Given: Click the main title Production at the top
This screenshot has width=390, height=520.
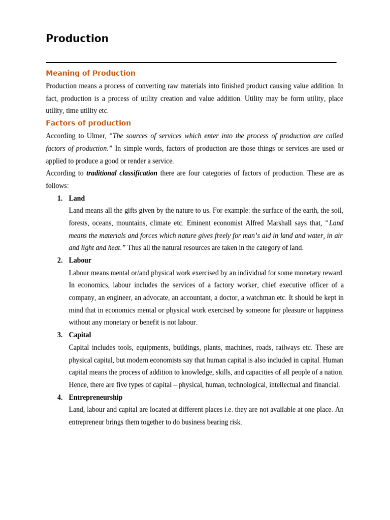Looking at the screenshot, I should [x=77, y=39].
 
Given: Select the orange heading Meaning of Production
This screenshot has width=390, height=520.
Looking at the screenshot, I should [x=90, y=73].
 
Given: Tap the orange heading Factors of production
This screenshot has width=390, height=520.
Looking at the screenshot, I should [x=88, y=123].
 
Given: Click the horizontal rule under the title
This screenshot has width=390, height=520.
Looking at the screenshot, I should [x=191, y=62].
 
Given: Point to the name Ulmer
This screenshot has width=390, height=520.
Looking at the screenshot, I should [x=96, y=136].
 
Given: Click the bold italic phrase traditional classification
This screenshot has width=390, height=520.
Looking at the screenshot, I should [x=122, y=173].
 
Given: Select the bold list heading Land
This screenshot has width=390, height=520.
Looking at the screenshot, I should [x=77, y=198].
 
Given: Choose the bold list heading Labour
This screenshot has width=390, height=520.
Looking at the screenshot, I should [x=80, y=261].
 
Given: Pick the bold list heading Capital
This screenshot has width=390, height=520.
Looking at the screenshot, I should [x=80, y=335].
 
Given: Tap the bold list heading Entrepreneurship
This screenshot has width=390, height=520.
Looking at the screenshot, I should [x=95, y=397].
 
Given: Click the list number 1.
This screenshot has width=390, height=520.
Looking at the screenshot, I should [x=59, y=198].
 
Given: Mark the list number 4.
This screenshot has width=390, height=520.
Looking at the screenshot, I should [x=59, y=397].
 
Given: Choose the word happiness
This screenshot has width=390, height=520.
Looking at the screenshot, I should [x=327, y=310].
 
